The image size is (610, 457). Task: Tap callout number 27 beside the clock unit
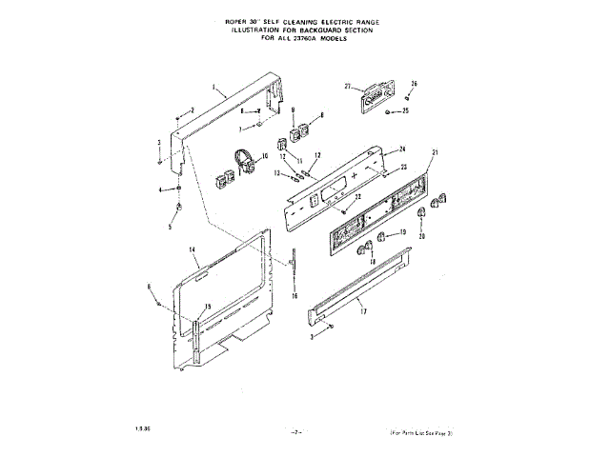coord(348,87)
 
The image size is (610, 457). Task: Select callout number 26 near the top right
coord(414,84)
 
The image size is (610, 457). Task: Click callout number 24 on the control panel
coord(403,149)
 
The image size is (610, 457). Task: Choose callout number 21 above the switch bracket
coord(434,153)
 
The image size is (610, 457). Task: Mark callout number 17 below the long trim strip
coord(362,310)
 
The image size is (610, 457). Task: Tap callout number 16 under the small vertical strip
coord(295,297)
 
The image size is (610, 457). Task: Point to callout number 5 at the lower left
coord(171,228)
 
